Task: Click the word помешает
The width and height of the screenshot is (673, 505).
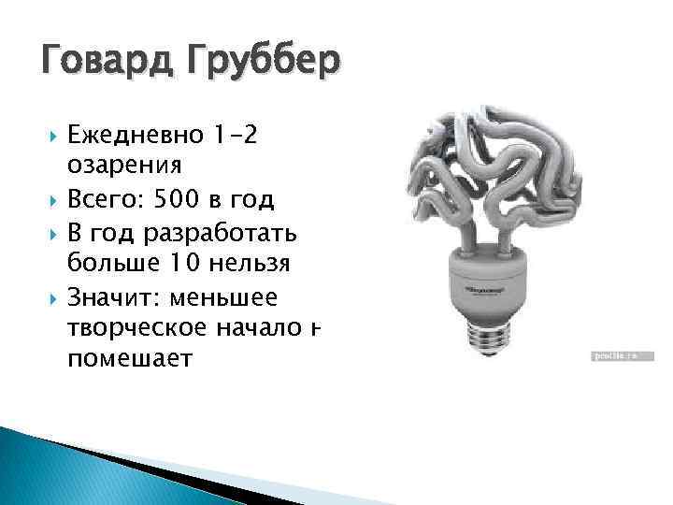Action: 128,358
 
